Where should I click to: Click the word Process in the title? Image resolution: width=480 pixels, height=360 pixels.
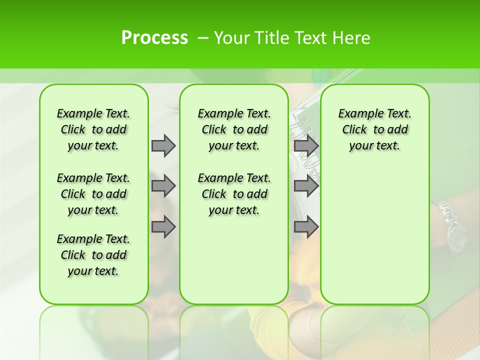[154, 38]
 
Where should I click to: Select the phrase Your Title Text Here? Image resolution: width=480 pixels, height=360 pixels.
[292, 38]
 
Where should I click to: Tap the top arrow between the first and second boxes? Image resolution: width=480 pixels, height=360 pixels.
[163, 145]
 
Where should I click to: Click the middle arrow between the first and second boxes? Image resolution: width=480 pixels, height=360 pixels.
[163, 186]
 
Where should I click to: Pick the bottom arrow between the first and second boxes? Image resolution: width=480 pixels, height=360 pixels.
[163, 226]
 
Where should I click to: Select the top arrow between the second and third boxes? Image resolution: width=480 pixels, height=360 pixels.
[306, 145]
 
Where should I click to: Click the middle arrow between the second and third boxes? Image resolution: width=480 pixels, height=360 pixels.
[306, 186]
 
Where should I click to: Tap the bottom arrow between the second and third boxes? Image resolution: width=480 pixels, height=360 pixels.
[306, 226]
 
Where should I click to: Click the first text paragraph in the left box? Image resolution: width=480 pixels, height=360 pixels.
[93, 129]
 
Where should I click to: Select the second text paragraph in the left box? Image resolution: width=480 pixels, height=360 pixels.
[93, 194]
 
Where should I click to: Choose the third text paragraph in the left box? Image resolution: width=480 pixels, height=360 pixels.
[93, 255]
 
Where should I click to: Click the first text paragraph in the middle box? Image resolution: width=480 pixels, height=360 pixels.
[234, 129]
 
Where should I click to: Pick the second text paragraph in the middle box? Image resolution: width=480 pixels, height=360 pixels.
[234, 194]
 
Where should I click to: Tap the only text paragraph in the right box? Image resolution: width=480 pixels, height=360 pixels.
[374, 129]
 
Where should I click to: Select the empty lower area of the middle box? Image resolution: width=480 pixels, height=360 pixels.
[234, 260]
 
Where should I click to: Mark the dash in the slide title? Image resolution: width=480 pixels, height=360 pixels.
[203, 38]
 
